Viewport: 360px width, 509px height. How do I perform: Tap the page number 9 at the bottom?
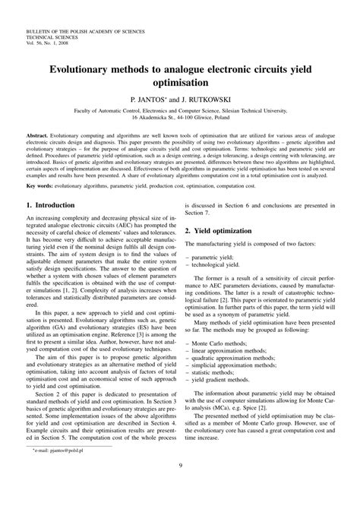coord(180,488)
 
